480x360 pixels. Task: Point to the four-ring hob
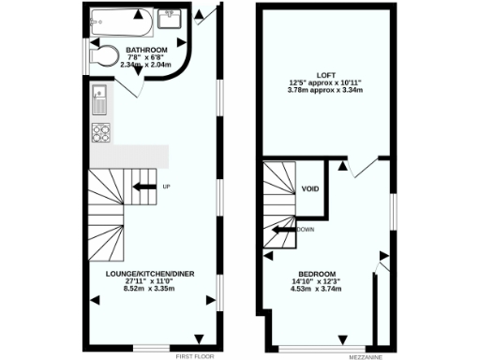(x=99, y=131)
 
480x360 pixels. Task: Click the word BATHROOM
(x=147, y=50)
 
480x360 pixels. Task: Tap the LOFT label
(x=326, y=74)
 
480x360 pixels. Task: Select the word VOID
(x=311, y=190)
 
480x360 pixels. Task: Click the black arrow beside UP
(x=143, y=187)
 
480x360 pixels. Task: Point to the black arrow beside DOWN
(x=283, y=229)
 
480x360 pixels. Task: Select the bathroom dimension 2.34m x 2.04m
(x=148, y=66)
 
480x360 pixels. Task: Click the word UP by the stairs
(x=167, y=187)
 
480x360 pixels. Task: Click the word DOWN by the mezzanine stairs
(x=306, y=229)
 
